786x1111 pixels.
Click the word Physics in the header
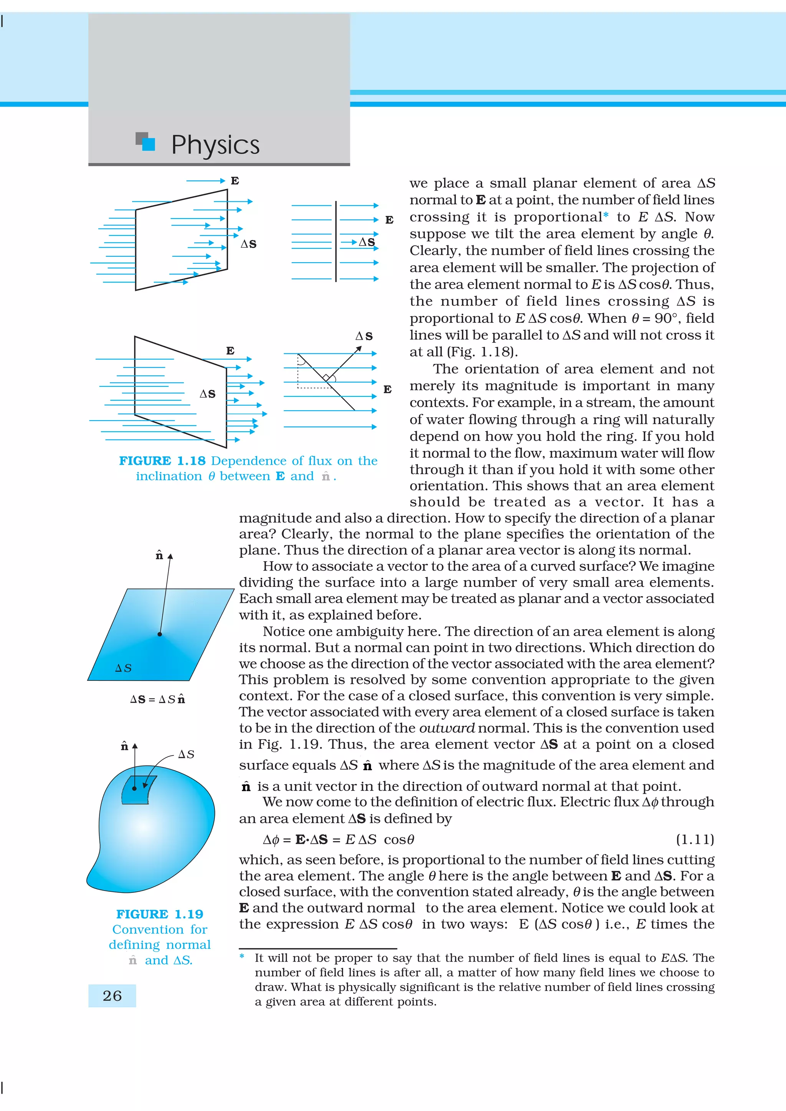click(x=216, y=145)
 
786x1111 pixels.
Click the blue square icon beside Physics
click(x=148, y=144)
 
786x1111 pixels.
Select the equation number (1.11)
click(x=695, y=839)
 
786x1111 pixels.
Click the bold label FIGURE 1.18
click(x=162, y=461)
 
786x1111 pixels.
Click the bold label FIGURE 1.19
click(x=159, y=914)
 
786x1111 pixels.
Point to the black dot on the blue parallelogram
click(x=160, y=634)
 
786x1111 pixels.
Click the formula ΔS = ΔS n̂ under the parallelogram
click(x=157, y=699)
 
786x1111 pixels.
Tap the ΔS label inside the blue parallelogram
click(x=123, y=668)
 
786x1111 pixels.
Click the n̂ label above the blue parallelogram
click(x=159, y=555)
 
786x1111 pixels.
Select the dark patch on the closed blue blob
click(x=137, y=790)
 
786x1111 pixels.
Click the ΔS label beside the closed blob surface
click(x=186, y=754)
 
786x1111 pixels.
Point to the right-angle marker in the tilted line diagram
click(x=327, y=378)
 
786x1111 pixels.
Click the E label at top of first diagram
click(x=235, y=181)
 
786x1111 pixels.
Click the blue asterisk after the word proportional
click(x=606, y=216)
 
